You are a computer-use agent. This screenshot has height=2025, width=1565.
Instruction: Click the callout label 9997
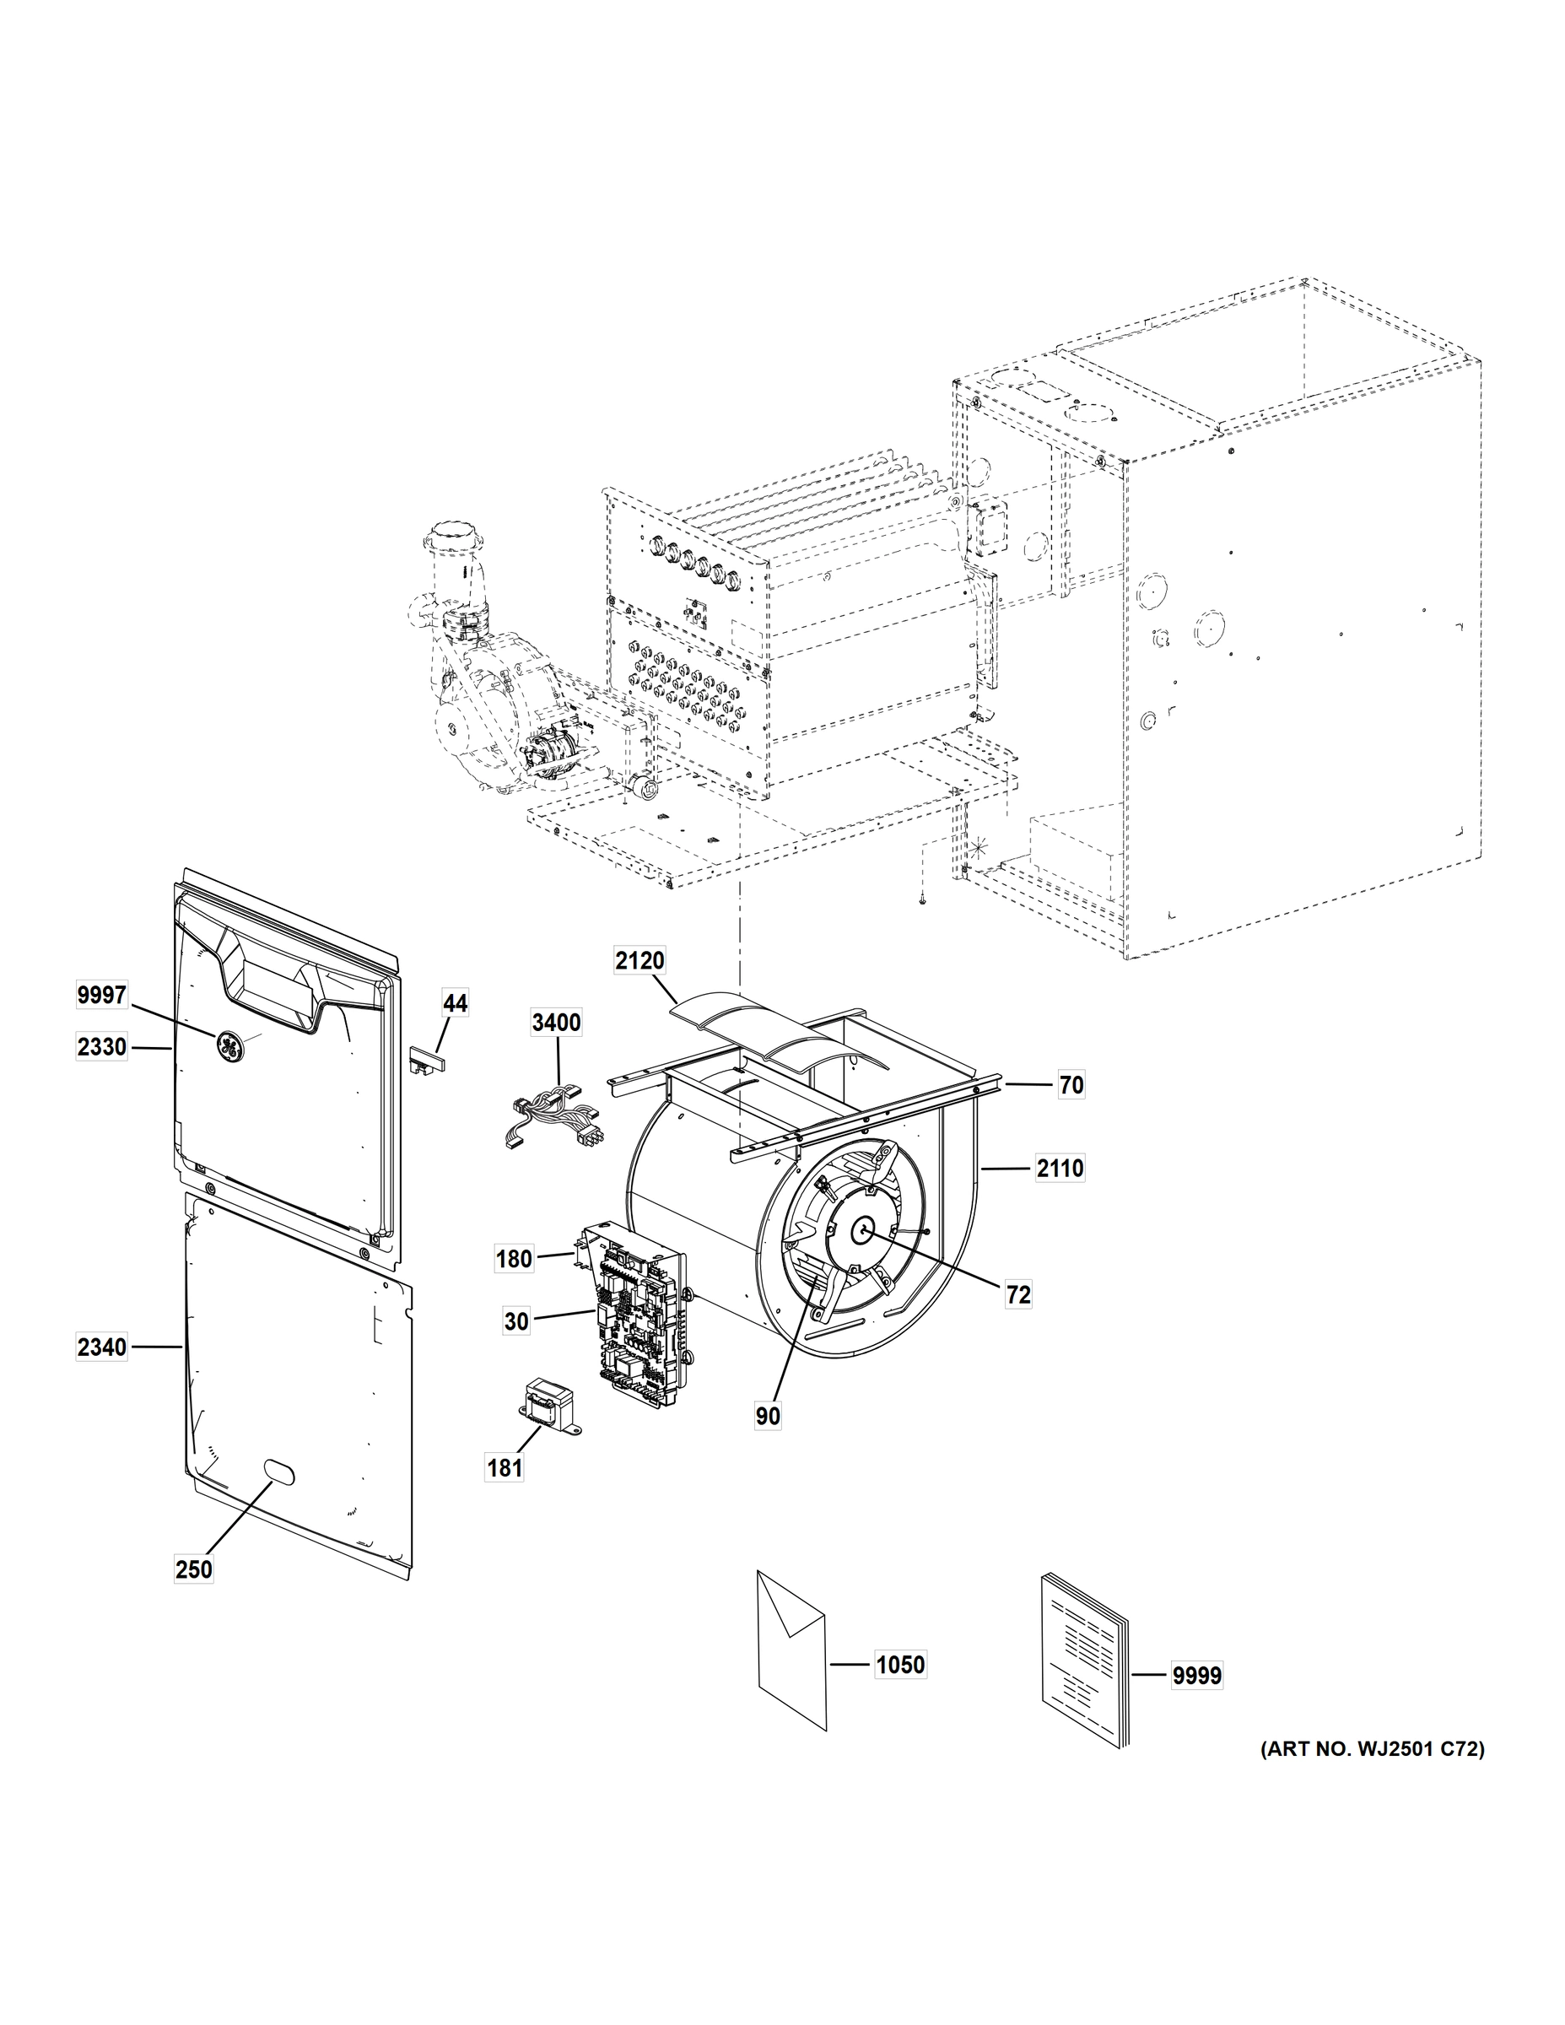click(102, 995)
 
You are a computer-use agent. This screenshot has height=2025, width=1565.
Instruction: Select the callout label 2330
click(102, 1047)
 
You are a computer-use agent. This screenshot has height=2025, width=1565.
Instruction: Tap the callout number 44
click(456, 1003)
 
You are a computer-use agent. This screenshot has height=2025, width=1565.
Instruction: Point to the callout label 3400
click(556, 1022)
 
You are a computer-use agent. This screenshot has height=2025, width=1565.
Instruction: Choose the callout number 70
click(1071, 1085)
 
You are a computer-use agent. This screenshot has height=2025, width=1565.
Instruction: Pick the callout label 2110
click(1060, 1169)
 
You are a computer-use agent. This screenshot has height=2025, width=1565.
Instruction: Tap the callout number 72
click(1018, 1295)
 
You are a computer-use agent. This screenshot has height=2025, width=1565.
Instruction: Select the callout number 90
click(768, 1417)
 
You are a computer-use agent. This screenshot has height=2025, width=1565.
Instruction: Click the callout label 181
click(505, 1468)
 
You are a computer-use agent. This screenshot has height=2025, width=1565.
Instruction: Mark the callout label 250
click(194, 1569)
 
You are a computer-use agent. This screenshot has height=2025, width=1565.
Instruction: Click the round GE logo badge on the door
click(227, 1045)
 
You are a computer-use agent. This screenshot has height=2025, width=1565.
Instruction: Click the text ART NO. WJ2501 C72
click(1372, 1750)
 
